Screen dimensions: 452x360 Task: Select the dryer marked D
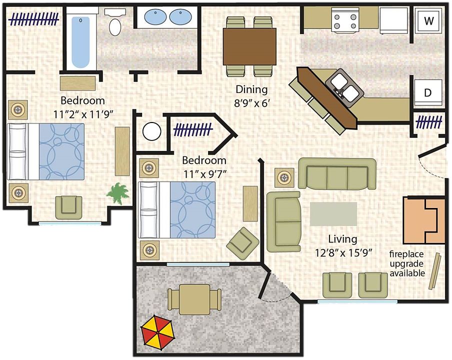[x=428, y=92]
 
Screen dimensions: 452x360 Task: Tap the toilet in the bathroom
[x=115, y=22]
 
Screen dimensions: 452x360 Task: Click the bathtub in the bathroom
[x=80, y=42]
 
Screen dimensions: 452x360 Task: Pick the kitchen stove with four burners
[x=345, y=19]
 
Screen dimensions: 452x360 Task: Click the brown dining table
[x=249, y=46]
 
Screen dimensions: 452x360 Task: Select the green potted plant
[x=118, y=193]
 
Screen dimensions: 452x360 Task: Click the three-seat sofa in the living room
[x=337, y=174]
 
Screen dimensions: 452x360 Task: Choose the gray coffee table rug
[x=333, y=213]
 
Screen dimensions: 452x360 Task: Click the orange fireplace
[x=424, y=220]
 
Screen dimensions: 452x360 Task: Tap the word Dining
[x=251, y=89]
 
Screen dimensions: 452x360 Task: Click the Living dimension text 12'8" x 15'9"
[x=343, y=253]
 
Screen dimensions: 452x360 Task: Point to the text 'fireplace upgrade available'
[x=407, y=263]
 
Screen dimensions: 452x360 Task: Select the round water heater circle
[x=151, y=131]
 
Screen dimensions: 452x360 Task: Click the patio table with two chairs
[x=194, y=299]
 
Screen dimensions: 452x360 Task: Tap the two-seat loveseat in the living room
[x=284, y=221]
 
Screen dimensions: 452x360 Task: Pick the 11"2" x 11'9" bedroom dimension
[x=83, y=114]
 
